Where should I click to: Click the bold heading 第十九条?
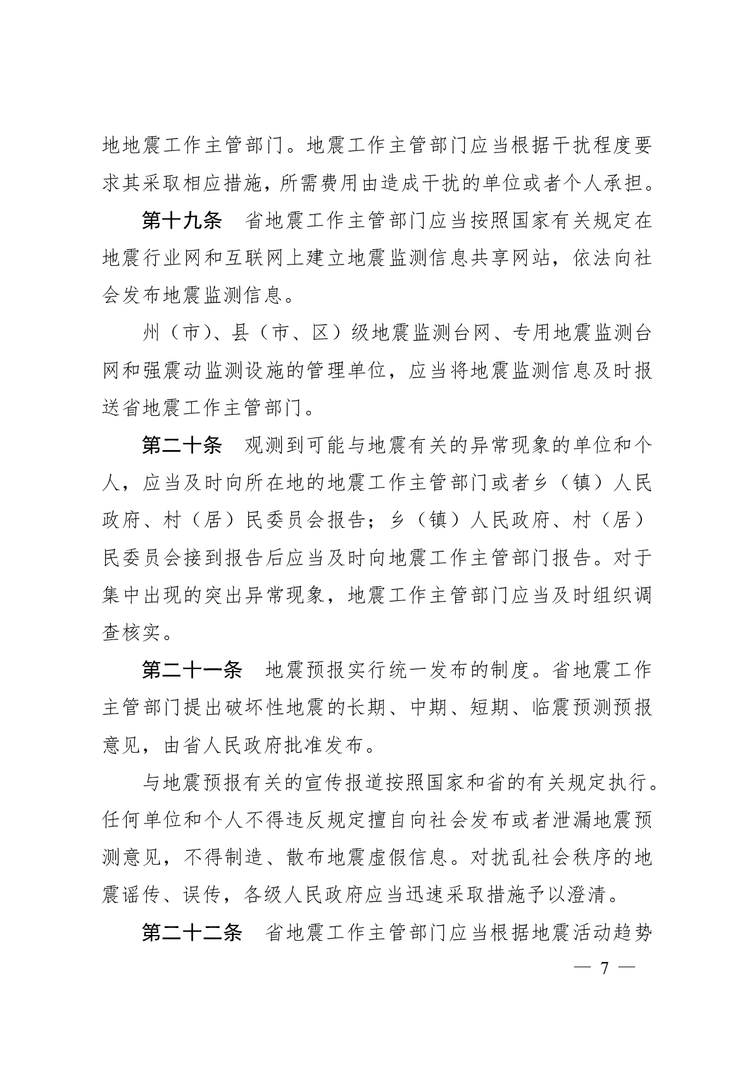(181, 222)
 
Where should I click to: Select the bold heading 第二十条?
(181, 446)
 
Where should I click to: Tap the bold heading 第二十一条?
(192, 670)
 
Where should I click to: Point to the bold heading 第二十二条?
(192, 933)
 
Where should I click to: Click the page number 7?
(604, 968)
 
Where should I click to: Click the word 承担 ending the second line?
(631, 184)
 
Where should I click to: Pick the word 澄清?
(591, 896)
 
